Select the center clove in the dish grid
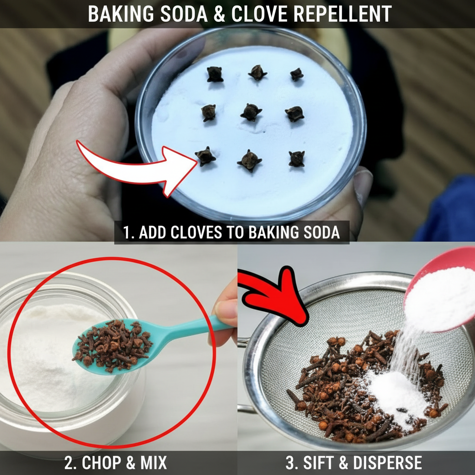251,112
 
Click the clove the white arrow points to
205,156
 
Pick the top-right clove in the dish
296,74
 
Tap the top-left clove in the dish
215,74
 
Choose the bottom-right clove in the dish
296,159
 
